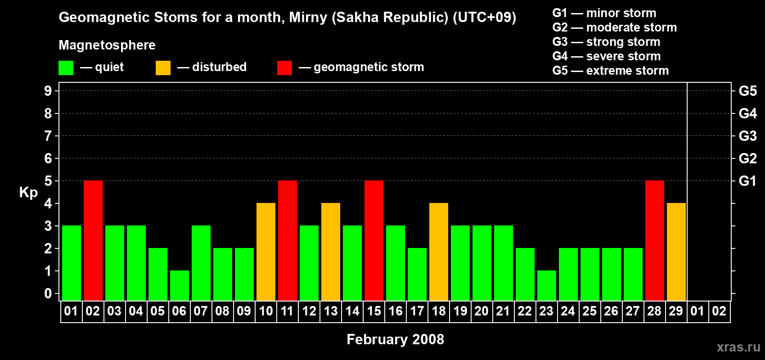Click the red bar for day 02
(x=93, y=240)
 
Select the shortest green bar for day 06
(x=180, y=286)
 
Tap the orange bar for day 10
(x=266, y=252)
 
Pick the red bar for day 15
(x=374, y=240)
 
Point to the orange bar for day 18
(x=439, y=252)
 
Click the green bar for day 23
(x=547, y=286)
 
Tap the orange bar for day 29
(x=676, y=252)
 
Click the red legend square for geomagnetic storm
(x=285, y=68)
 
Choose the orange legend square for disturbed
(x=163, y=68)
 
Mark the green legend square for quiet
(x=66, y=68)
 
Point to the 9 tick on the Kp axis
(x=48, y=91)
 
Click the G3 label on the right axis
(x=748, y=136)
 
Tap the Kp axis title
(x=28, y=192)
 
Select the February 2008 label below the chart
(x=396, y=339)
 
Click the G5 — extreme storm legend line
(x=611, y=71)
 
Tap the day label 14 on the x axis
(x=352, y=311)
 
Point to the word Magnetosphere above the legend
(x=107, y=45)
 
